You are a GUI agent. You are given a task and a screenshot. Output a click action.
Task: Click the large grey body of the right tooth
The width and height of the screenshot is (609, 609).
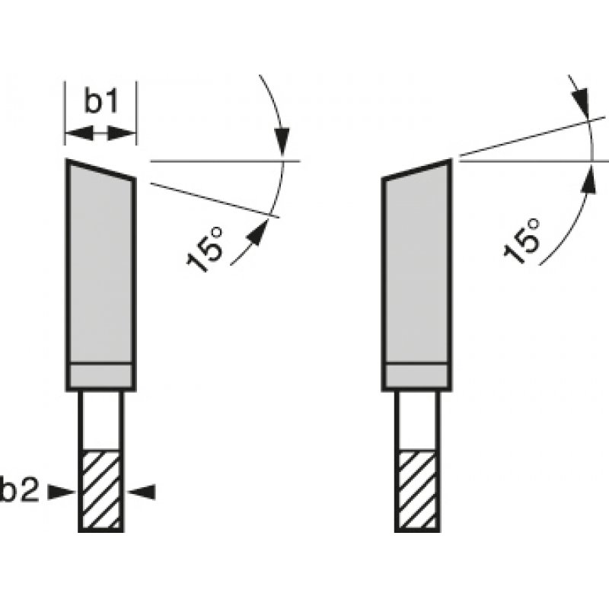tap(417, 266)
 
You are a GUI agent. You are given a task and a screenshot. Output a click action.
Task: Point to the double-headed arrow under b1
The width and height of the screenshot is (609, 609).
tap(100, 134)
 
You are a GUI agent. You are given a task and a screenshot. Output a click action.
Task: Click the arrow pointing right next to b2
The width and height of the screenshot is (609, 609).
tap(61, 493)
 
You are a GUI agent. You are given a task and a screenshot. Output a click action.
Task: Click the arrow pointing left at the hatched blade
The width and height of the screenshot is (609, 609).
tap(141, 493)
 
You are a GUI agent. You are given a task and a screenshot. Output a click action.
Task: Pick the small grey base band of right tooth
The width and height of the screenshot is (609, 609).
tap(417, 376)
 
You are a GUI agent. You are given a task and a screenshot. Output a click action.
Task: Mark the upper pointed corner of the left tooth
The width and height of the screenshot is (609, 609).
tap(68, 161)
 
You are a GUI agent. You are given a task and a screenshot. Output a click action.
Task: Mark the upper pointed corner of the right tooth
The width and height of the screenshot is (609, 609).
tap(451, 161)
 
